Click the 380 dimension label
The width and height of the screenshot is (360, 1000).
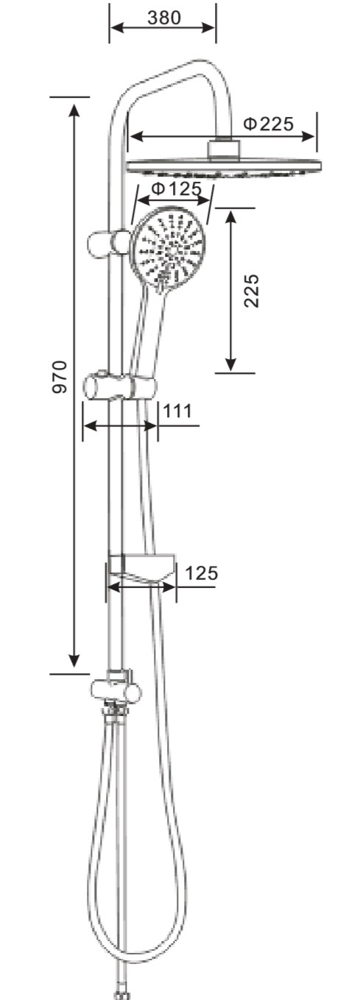(164, 18)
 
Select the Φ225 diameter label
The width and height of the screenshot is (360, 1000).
(269, 123)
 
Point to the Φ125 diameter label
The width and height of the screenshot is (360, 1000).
(176, 188)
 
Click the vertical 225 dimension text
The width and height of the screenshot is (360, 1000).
(252, 290)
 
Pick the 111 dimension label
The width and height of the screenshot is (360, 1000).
(177, 411)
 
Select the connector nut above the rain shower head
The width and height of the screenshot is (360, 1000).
(225, 149)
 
